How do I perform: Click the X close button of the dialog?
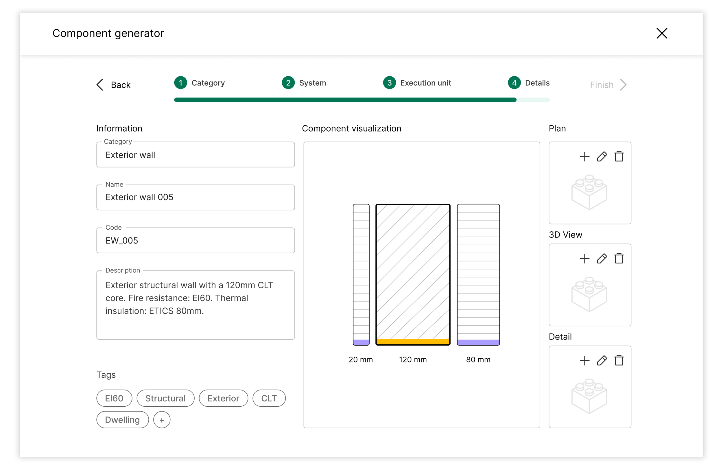661,33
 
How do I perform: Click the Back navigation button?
113,85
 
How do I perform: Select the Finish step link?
608,85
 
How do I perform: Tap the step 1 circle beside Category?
180,83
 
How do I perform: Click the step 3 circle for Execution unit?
389,83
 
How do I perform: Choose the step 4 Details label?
537,83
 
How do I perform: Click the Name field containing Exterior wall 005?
195,197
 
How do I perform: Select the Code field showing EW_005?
195,240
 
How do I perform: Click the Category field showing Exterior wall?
195,155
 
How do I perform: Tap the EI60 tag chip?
114,398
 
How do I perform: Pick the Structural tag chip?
165,398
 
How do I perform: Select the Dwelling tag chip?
122,420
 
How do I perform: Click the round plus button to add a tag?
162,420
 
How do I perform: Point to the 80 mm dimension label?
478,360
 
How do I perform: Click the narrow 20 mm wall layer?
361,275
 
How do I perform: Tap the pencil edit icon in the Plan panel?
602,157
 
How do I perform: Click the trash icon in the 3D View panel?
619,259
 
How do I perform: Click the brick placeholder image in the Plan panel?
589,192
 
